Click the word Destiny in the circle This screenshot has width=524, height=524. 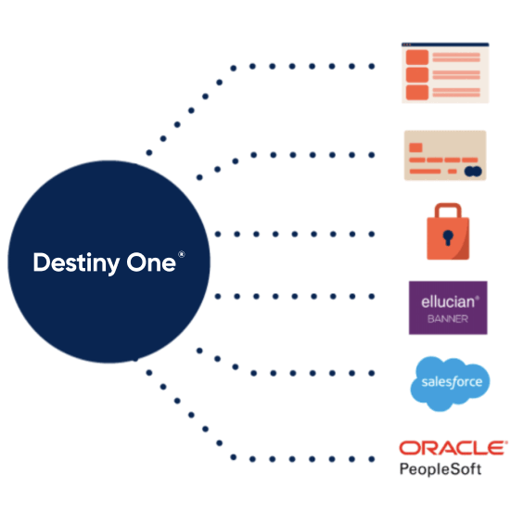[x=77, y=263]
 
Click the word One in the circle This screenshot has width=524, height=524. [x=151, y=262]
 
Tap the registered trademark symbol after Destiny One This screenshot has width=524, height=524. [x=182, y=254]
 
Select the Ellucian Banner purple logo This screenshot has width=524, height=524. [x=448, y=308]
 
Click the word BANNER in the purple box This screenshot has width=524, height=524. [x=448, y=319]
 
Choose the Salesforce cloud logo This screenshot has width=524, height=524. [x=450, y=383]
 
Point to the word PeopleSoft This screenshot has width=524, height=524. [x=441, y=469]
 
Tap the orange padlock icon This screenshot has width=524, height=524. [x=448, y=231]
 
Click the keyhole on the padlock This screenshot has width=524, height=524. [x=448, y=237]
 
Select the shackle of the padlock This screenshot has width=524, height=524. [x=448, y=211]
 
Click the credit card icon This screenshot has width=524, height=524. [x=445, y=156]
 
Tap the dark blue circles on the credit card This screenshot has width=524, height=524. [x=473, y=172]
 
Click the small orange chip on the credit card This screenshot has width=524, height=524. [x=415, y=147]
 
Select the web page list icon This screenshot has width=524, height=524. [x=445, y=73]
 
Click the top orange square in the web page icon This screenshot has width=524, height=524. [x=417, y=58]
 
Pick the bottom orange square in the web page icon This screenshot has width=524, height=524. [x=417, y=92]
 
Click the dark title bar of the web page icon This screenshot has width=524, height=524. [x=445, y=45]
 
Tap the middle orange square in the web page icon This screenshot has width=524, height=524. [x=417, y=74]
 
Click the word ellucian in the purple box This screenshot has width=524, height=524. [x=448, y=301]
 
